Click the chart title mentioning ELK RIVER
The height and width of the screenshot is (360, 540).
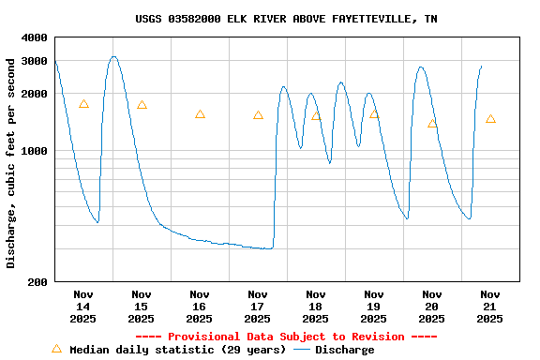tap(286, 19)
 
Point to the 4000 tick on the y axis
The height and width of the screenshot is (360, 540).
tap(34, 37)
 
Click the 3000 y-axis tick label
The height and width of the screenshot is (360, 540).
tap(34, 61)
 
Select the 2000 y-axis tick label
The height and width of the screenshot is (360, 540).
tap(34, 94)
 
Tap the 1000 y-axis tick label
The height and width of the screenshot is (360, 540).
tap(34, 151)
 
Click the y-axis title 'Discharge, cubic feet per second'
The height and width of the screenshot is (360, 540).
tap(11, 163)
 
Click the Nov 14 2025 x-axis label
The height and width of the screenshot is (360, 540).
tap(83, 307)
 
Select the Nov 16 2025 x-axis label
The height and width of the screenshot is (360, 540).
tap(200, 307)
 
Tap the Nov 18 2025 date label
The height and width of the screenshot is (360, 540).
tap(316, 307)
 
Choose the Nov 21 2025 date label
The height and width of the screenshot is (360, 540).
tap(490, 307)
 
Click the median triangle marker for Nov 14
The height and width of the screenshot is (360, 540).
tap(83, 104)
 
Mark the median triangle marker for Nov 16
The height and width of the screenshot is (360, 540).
tap(200, 114)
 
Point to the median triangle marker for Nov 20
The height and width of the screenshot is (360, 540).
tap(432, 124)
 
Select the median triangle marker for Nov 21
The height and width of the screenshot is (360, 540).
tap(490, 119)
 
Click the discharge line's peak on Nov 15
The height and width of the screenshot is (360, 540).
tap(113, 56)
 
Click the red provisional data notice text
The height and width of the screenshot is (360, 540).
tap(286, 337)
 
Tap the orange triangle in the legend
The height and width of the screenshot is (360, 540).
tap(56, 349)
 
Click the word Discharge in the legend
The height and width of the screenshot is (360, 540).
tap(344, 350)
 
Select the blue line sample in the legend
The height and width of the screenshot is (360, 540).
tap(302, 350)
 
